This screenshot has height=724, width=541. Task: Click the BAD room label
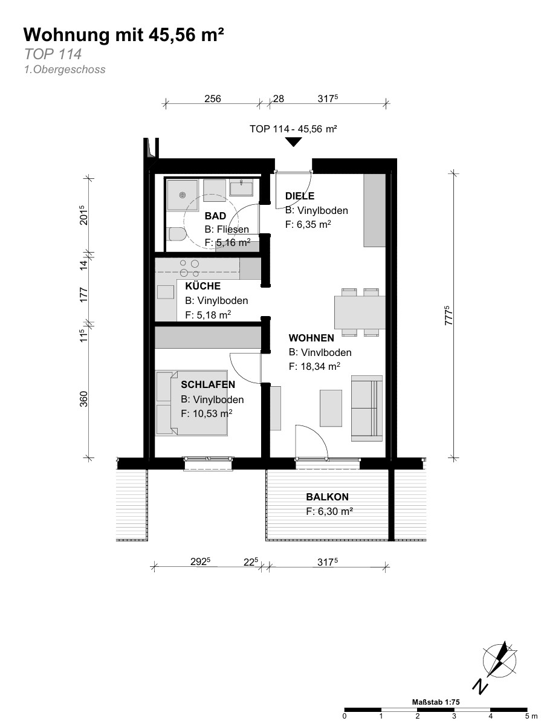point(215,216)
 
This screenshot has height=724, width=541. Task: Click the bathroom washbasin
point(241,189)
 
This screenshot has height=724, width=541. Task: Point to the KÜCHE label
point(203,286)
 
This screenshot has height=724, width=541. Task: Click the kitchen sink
point(165,293)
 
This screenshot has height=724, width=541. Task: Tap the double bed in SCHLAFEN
point(192,402)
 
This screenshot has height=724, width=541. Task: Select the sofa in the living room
point(367,408)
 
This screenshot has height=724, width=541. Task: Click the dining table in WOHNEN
point(360,312)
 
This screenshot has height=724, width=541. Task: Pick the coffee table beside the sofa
point(331,408)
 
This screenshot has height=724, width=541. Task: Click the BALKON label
point(327,497)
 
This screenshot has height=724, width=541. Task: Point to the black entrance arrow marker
point(293,142)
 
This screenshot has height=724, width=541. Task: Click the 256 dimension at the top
point(213,99)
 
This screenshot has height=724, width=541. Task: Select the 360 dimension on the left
point(83,399)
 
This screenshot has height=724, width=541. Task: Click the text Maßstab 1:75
point(436,702)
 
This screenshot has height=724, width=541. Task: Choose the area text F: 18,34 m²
point(314,367)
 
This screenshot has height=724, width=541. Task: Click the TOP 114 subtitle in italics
point(53,54)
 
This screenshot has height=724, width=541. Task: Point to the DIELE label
point(300,196)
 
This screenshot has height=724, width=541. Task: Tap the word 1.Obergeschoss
point(65,69)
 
